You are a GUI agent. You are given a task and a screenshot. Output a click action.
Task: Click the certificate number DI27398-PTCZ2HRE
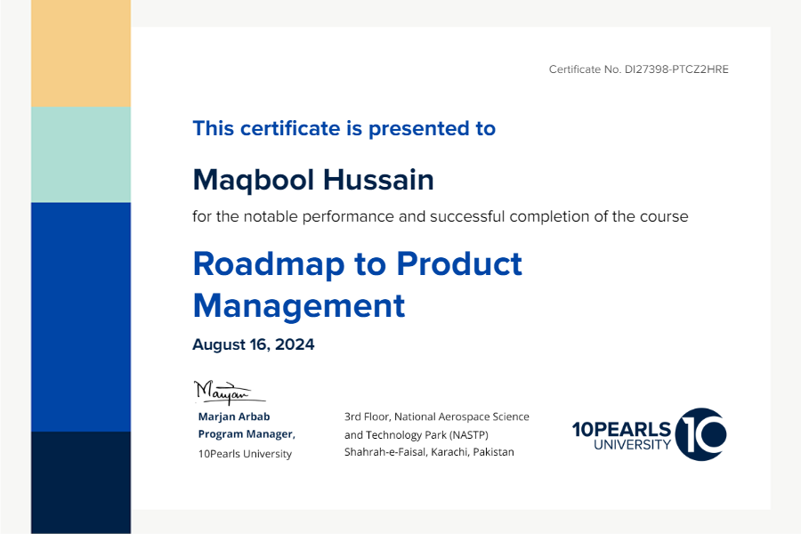click(676, 69)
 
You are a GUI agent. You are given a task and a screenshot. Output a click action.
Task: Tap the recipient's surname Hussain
click(378, 180)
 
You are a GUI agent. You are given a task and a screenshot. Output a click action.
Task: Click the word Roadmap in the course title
click(269, 263)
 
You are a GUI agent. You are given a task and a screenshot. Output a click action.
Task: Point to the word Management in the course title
click(299, 306)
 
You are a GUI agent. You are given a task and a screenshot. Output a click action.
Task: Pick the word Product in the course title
click(459, 263)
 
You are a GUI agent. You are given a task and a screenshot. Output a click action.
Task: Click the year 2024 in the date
click(295, 344)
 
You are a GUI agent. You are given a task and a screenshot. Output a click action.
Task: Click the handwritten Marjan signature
click(229, 392)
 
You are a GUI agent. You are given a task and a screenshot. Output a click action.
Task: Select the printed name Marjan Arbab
click(234, 417)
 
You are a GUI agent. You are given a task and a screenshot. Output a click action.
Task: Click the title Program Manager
click(247, 434)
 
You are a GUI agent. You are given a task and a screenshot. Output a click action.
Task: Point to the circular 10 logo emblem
click(701, 433)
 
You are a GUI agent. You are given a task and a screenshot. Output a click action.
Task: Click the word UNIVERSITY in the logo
click(632, 445)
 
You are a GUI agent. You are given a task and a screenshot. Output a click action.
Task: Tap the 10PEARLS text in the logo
click(621, 430)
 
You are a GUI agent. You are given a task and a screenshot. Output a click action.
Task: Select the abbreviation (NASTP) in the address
click(469, 435)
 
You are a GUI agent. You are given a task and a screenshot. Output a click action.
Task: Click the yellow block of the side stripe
click(81, 53)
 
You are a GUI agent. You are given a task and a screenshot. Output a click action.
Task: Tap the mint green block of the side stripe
click(81, 155)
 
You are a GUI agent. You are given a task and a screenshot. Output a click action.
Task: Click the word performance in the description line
click(348, 217)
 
